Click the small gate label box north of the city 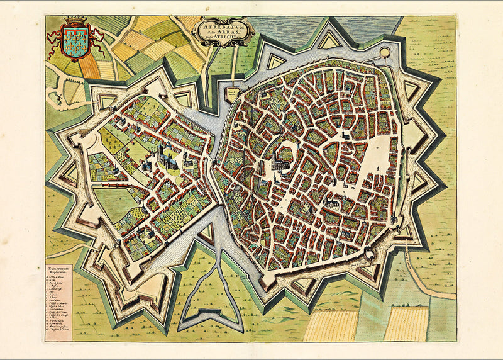(233, 93)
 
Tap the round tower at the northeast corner (384, 52)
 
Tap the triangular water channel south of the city (218, 283)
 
